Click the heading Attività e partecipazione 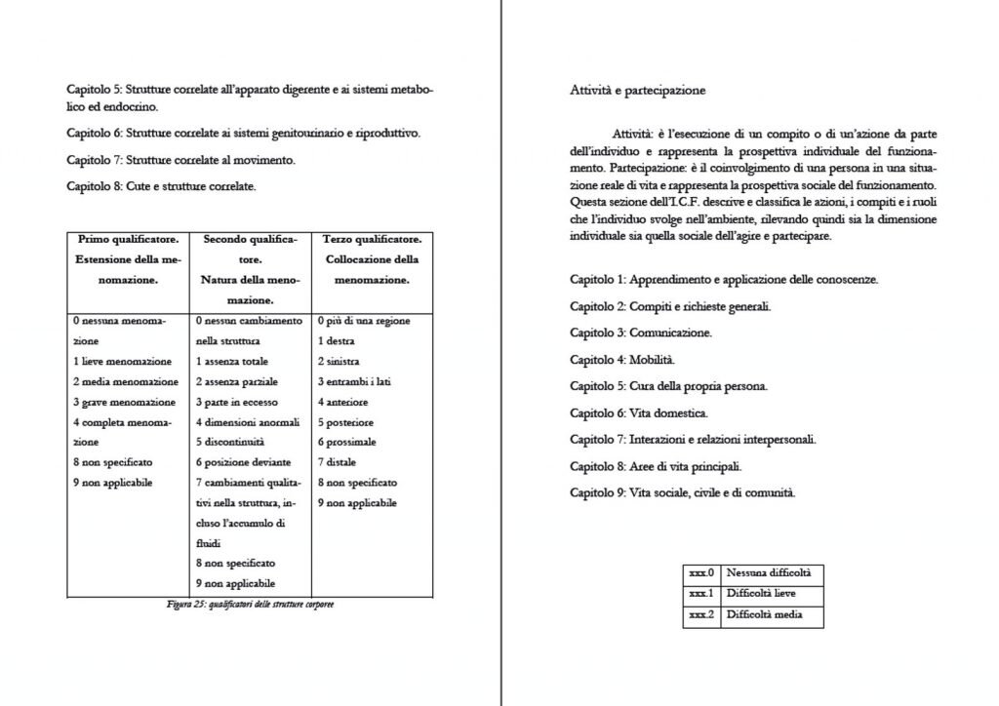(x=637, y=91)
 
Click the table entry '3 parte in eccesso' (x=236, y=402)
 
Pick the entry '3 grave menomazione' (x=124, y=402)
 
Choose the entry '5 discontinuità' (x=230, y=442)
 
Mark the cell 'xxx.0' (x=701, y=573)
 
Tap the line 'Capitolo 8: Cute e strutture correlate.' (x=161, y=186)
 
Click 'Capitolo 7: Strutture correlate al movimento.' (x=180, y=160)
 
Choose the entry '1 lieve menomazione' (x=122, y=361)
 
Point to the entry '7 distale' (x=338, y=462)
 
